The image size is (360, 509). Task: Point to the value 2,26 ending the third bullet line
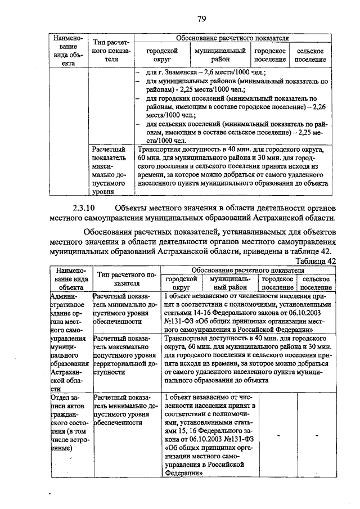click(x=319, y=106)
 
